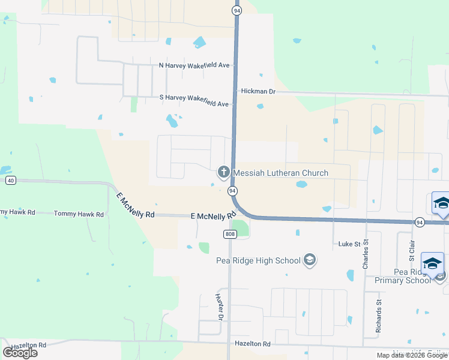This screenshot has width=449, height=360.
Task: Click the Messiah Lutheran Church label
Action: click(x=280, y=173)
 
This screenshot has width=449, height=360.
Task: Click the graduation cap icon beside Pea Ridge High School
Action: click(x=310, y=260)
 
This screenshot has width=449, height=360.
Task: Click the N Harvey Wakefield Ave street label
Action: click(x=194, y=65)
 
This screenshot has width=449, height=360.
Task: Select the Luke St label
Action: click(x=349, y=244)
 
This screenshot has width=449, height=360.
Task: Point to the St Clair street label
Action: click(x=412, y=250)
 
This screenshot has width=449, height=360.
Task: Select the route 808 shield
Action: click(x=230, y=233)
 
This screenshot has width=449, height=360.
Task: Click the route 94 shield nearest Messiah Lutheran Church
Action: click(x=231, y=191)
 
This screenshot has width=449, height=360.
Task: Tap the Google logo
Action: click(x=20, y=353)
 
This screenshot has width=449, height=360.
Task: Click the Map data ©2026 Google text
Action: click(x=411, y=355)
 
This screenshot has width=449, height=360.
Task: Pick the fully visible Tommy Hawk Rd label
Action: click(x=79, y=214)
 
